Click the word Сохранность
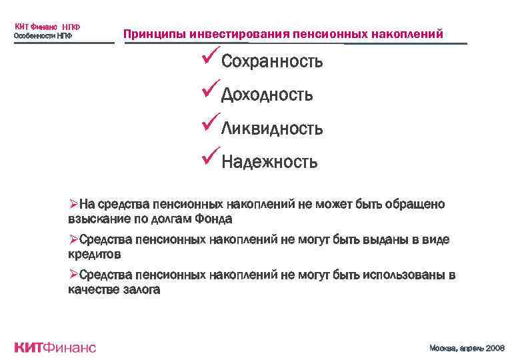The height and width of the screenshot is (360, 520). pyautogui.click(x=272, y=62)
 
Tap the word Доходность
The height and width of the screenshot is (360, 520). pyautogui.click(x=267, y=95)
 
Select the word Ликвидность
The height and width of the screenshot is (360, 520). pyautogui.click(x=272, y=128)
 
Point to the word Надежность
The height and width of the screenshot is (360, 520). pyautogui.click(x=269, y=161)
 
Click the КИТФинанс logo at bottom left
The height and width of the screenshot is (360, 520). pyautogui.click(x=55, y=347)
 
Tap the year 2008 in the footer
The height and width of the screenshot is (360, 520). pyautogui.click(x=493, y=348)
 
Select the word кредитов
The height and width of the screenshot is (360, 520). pyautogui.click(x=95, y=255)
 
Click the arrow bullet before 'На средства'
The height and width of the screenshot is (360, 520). pyautogui.click(x=73, y=204)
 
